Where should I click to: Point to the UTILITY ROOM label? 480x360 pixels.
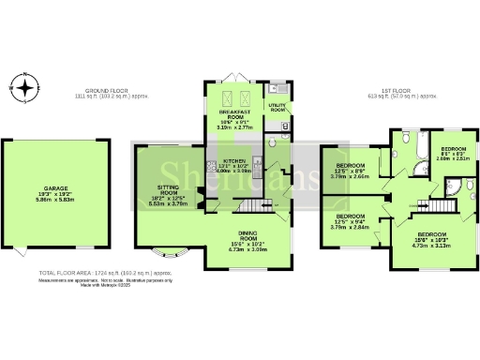(x=277, y=108)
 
